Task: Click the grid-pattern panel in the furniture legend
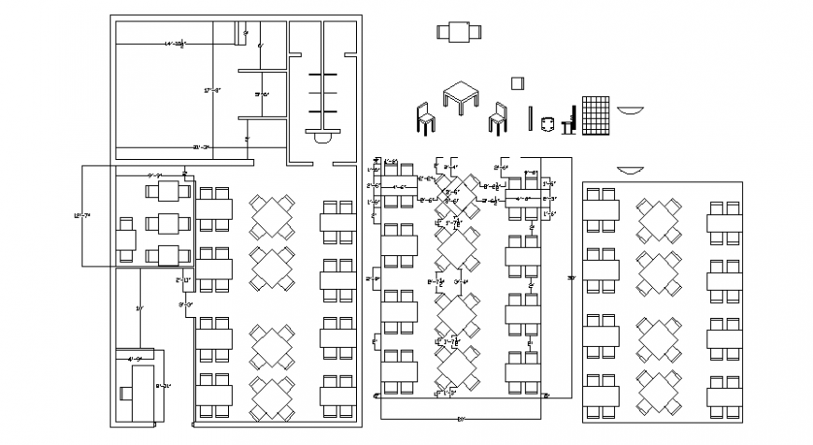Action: click(596, 117)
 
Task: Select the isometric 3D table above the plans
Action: click(460, 96)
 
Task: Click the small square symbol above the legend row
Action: click(517, 84)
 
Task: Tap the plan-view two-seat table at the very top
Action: click(459, 32)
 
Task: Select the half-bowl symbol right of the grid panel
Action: click(631, 110)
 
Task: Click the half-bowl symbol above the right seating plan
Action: click(630, 170)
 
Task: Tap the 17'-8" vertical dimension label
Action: click(212, 91)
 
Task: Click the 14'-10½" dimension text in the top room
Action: click(176, 44)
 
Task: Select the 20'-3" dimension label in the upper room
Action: click(200, 148)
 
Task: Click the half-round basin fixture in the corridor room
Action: click(323, 137)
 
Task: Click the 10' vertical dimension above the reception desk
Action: click(139, 308)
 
